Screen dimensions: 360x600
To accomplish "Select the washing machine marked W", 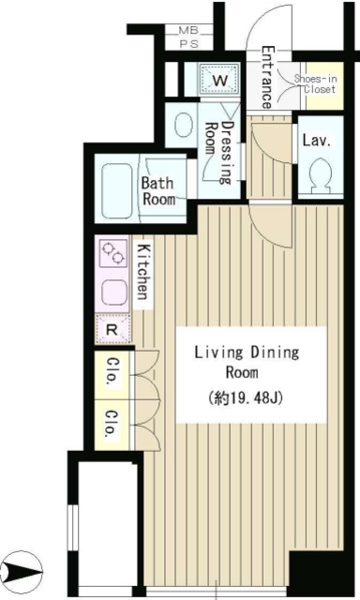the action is pos(219,79).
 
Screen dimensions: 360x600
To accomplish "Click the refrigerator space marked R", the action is pos(112,329).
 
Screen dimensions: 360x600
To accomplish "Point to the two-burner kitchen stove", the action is pos(113,253).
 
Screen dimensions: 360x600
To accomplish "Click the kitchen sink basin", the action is pos(114,292).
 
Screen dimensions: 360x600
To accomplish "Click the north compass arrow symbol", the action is pos(22,573).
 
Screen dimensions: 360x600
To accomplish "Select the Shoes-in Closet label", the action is pos(316,84).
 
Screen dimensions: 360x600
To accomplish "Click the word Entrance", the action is pos(267,78).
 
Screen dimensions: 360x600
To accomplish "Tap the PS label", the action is pos(189,44).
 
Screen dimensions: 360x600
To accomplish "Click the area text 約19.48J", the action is pos(246,398).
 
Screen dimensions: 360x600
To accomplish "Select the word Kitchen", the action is pos(143,272).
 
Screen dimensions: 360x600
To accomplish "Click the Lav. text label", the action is pos(316,141).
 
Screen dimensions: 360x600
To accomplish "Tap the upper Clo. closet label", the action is pos(112,371).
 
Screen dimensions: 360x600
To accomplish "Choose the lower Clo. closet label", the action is pos(112,424).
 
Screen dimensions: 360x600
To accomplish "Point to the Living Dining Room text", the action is pos(247,363).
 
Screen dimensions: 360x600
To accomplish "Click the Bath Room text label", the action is pos(158,191).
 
